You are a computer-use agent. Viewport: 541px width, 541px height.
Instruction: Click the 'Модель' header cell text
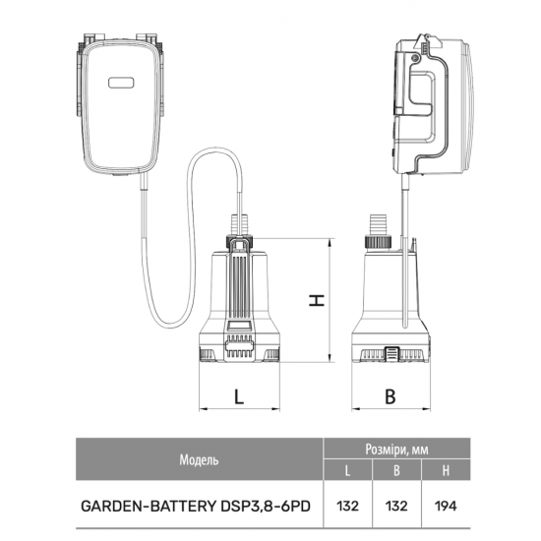click(x=199, y=460)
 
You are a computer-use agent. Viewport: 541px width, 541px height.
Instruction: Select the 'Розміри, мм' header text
click(x=396, y=450)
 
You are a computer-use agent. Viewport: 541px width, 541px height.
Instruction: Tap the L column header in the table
click(x=347, y=470)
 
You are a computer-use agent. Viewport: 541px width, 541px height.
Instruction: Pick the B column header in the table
click(x=396, y=470)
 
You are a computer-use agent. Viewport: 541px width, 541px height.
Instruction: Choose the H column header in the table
click(x=446, y=470)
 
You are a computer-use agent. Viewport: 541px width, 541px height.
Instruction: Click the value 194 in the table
click(x=446, y=507)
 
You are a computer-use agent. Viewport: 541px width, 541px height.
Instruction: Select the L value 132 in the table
click(x=347, y=507)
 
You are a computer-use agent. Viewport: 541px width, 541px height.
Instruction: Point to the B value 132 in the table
click(x=396, y=507)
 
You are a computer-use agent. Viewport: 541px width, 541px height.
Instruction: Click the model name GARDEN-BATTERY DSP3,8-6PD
click(x=196, y=507)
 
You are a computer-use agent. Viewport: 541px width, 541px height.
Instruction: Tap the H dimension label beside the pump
click(x=317, y=300)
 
